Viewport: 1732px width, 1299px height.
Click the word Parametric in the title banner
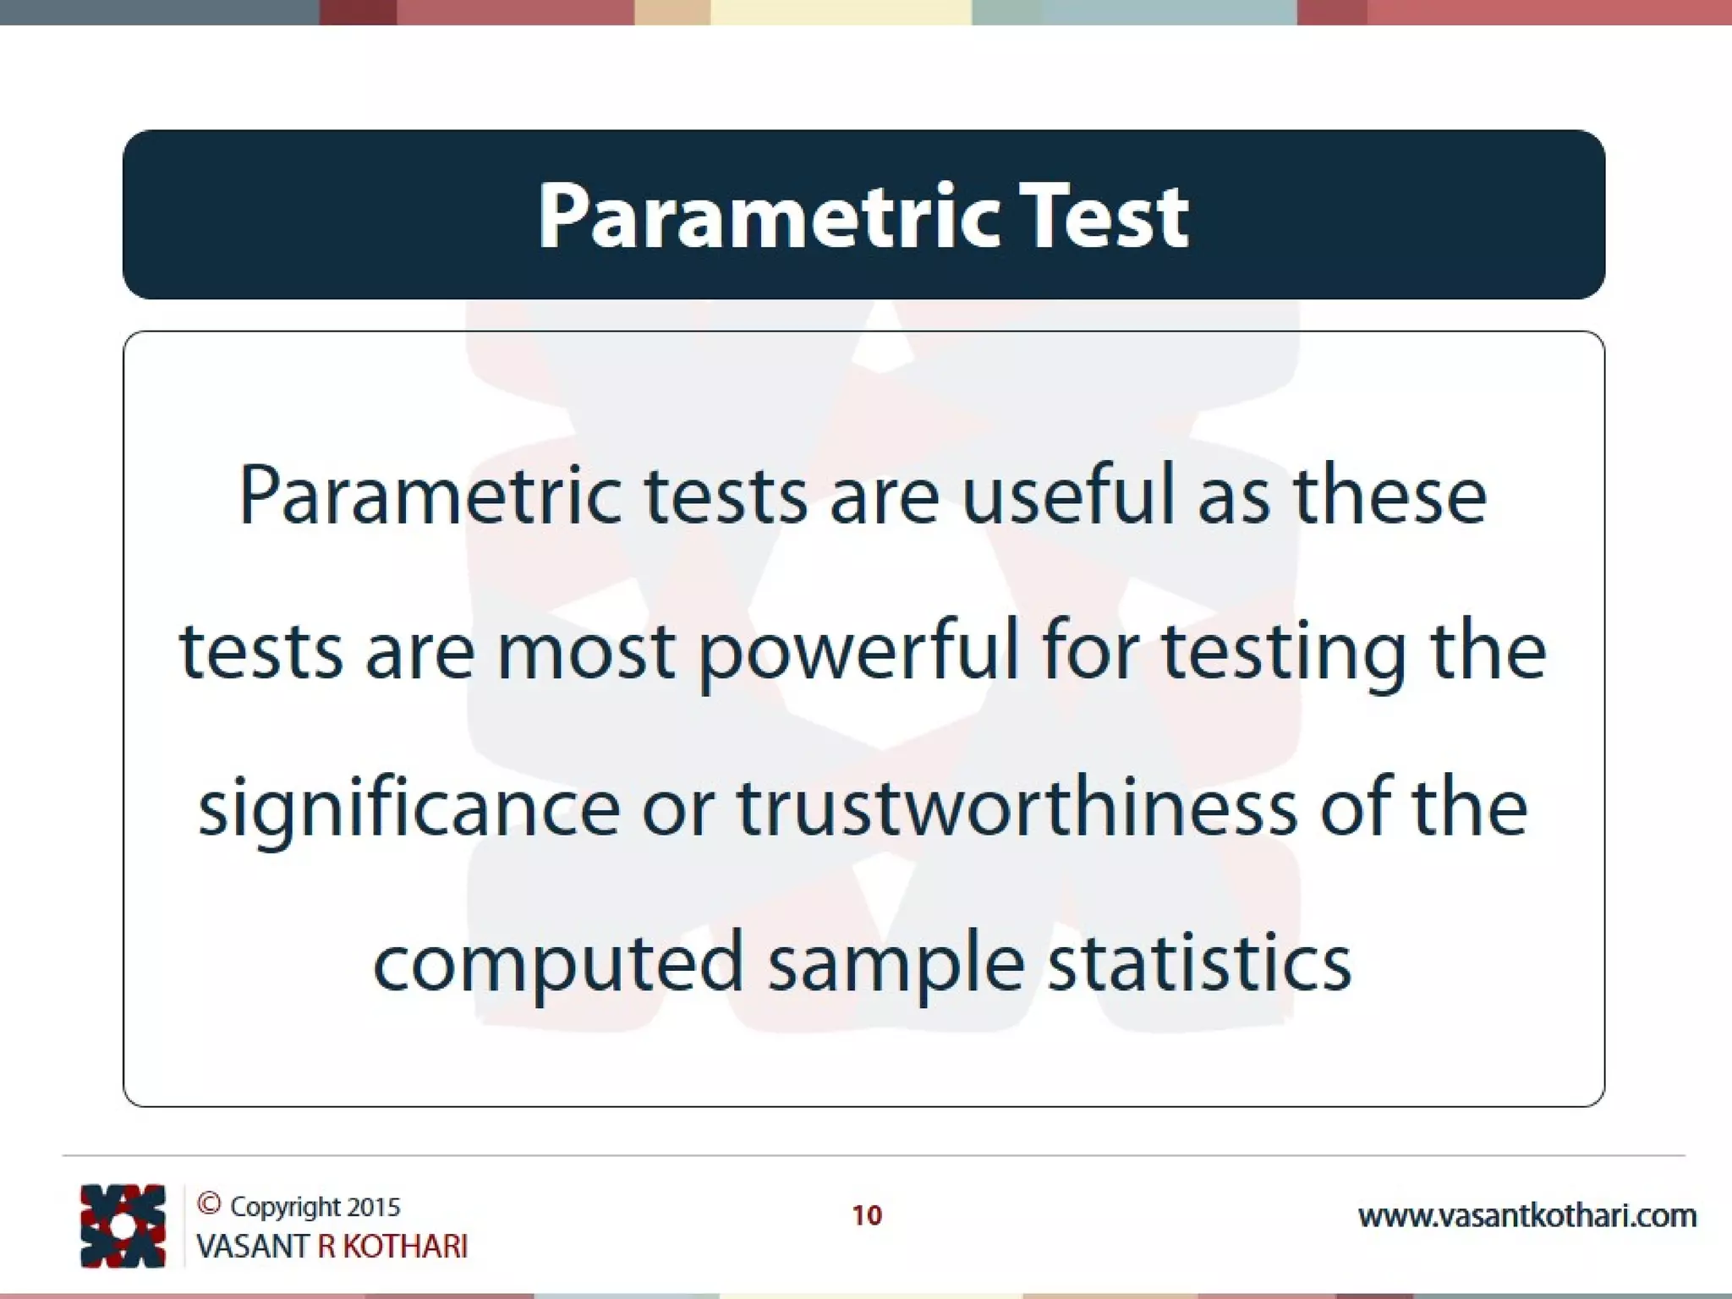[x=767, y=218]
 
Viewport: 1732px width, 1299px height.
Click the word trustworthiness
[x=1017, y=808]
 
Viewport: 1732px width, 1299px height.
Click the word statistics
[x=1199, y=963]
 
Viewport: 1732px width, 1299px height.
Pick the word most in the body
[x=585, y=653]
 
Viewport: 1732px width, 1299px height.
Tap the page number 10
[x=866, y=1216]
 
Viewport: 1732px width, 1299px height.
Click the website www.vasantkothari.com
[x=1526, y=1216]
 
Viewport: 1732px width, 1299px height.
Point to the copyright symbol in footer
[x=209, y=1203]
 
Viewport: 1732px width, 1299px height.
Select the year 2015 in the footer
[x=374, y=1207]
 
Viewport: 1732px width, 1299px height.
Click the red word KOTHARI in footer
[x=405, y=1247]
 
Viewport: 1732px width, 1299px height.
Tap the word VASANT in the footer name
[x=252, y=1247]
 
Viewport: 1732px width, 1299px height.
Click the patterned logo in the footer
[x=123, y=1225]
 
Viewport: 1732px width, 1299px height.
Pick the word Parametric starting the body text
[x=430, y=497]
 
